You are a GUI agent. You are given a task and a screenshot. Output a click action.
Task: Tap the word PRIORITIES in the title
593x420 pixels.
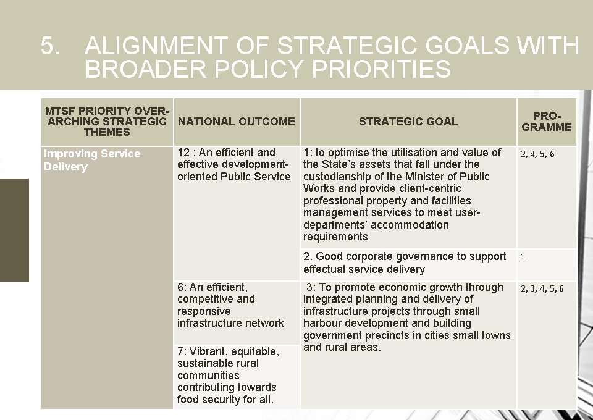[x=381, y=69]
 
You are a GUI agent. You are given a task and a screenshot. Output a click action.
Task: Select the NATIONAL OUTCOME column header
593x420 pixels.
[x=236, y=122]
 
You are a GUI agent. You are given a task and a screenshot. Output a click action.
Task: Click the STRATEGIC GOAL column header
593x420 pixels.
[x=408, y=122]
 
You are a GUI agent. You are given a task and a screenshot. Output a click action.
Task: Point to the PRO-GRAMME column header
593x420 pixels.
[x=547, y=122]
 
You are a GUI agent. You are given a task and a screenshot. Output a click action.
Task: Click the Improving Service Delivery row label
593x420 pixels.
[x=92, y=160]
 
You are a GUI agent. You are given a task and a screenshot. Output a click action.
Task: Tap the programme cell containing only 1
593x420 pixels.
[x=523, y=256]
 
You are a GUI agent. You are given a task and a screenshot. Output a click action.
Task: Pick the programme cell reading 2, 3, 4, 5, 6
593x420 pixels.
[x=542, y=288]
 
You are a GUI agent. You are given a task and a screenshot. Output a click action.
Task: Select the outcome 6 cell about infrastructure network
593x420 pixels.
[x=230, y=305]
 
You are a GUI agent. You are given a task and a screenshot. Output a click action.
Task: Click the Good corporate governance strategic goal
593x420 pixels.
[x=405, y=262]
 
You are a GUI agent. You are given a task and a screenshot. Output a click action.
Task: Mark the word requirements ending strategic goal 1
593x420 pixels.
[x=335, y=237]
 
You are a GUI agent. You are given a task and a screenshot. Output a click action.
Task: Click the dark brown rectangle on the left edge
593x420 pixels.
[x=14, y=230]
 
